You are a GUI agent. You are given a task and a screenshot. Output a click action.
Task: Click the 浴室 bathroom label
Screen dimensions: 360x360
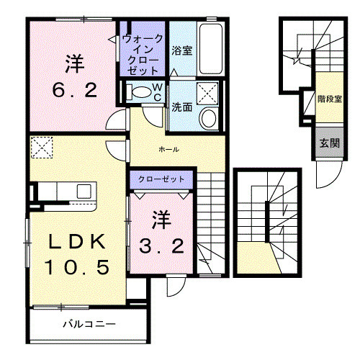click(181, 51)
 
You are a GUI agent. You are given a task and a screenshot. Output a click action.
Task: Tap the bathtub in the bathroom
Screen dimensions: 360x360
click(211, 48)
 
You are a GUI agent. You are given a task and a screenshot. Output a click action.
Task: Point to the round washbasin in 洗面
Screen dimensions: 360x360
click(209, 119)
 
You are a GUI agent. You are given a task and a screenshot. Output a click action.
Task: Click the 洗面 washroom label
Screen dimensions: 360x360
click(182, 107)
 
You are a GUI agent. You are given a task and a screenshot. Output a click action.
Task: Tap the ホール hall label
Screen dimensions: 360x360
click(168, 150)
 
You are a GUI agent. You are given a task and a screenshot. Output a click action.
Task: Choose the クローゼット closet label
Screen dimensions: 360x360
click(161, 179)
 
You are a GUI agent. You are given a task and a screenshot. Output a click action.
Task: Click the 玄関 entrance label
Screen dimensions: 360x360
click(329, 143)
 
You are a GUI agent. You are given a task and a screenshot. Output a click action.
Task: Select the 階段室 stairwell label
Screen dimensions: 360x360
click(330, 99)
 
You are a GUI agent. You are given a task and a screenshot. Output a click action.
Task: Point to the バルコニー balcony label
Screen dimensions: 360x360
click(89, 325)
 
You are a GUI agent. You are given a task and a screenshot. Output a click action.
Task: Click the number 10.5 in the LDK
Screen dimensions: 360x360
click(77, 267)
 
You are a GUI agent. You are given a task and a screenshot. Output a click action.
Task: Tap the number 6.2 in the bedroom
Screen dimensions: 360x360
click(75, 90)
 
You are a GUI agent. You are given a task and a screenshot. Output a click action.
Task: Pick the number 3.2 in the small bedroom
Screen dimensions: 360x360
click(161, 246)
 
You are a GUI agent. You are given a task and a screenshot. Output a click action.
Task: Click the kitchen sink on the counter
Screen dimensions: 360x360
click(84, 192)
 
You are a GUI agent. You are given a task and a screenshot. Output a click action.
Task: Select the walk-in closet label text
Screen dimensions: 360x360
click(143, 55)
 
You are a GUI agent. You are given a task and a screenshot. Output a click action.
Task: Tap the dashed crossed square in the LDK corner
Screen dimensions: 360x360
click(42, 148)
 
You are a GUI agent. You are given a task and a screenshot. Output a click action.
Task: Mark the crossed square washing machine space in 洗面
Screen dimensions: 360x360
click(207, 94)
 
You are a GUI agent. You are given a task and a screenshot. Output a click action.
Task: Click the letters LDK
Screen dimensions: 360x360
click(77, 241)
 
